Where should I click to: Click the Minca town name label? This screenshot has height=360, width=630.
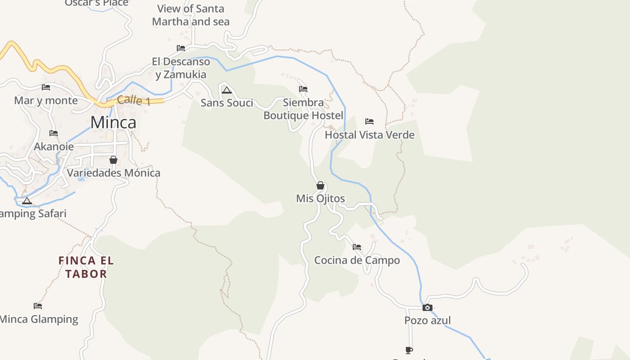pyautogui.click(x=113, y=122)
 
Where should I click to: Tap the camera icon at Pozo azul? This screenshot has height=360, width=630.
pyautogui.click(x=427, y=308)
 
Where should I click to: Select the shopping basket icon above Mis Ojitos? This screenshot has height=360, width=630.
pyautogui.click(x=320, y=185)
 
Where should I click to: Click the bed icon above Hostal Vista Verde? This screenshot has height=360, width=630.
pyautogui.click(x=369, y=121)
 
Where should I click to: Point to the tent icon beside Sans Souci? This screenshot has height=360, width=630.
pyautogui.click(x=226, y=90)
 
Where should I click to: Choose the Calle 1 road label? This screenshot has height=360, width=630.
pyautogui.click(x=134, y=100)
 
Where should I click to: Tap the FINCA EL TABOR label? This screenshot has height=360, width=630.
pyautogui.click(x=86, y=267)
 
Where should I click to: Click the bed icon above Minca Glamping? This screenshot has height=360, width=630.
pyautogui.click(x=38, y=306)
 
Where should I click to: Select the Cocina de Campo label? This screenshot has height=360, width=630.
pyautogui.click(x=357, y=260)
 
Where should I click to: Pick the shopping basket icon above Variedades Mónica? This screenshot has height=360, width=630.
pyautogui.click(x=113, y=160)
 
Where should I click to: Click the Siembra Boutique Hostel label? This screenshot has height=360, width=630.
pyautogui.click(x=303, y=109)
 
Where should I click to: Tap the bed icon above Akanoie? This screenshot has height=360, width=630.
pyautogui.click(x=54, y=133)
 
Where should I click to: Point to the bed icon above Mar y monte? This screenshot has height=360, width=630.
pyautogui.click(x=46, y=87)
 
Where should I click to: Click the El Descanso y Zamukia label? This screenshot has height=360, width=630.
pyautogui.click(x=181, y=68)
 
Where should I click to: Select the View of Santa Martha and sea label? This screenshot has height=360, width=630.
pyautogui.click(x=191, y=15)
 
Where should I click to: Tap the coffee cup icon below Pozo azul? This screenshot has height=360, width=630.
pyautogui.click(x=409, y=350)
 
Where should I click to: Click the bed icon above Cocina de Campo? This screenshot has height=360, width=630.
pyautogui.click(x=357, y=247)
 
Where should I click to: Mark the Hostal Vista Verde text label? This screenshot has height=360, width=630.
pyautogui.click(x=369, y=135)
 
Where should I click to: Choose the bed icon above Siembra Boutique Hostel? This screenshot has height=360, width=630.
pyautogui.click(x=303, y=89)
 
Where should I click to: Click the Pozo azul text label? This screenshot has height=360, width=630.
pyautogui.click(x=427, y=320)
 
